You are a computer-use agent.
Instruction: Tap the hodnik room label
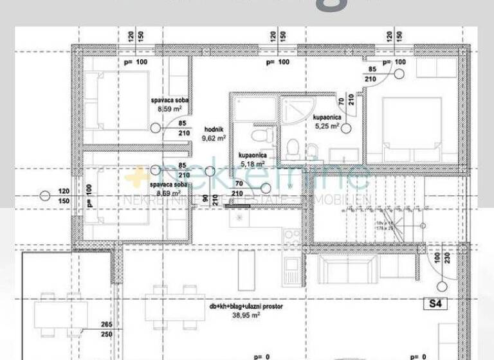click(214, 128)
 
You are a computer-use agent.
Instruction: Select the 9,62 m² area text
click(214, 138)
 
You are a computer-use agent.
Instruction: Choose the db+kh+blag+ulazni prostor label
click(246, 307)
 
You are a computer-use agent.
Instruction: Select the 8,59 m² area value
click(169, 109)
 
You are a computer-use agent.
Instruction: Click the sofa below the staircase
click(347, 270)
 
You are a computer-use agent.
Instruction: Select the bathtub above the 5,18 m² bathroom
click(254, 107)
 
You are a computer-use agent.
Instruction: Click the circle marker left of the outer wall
click(44, 195)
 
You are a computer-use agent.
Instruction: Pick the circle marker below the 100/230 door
click(441, 287)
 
